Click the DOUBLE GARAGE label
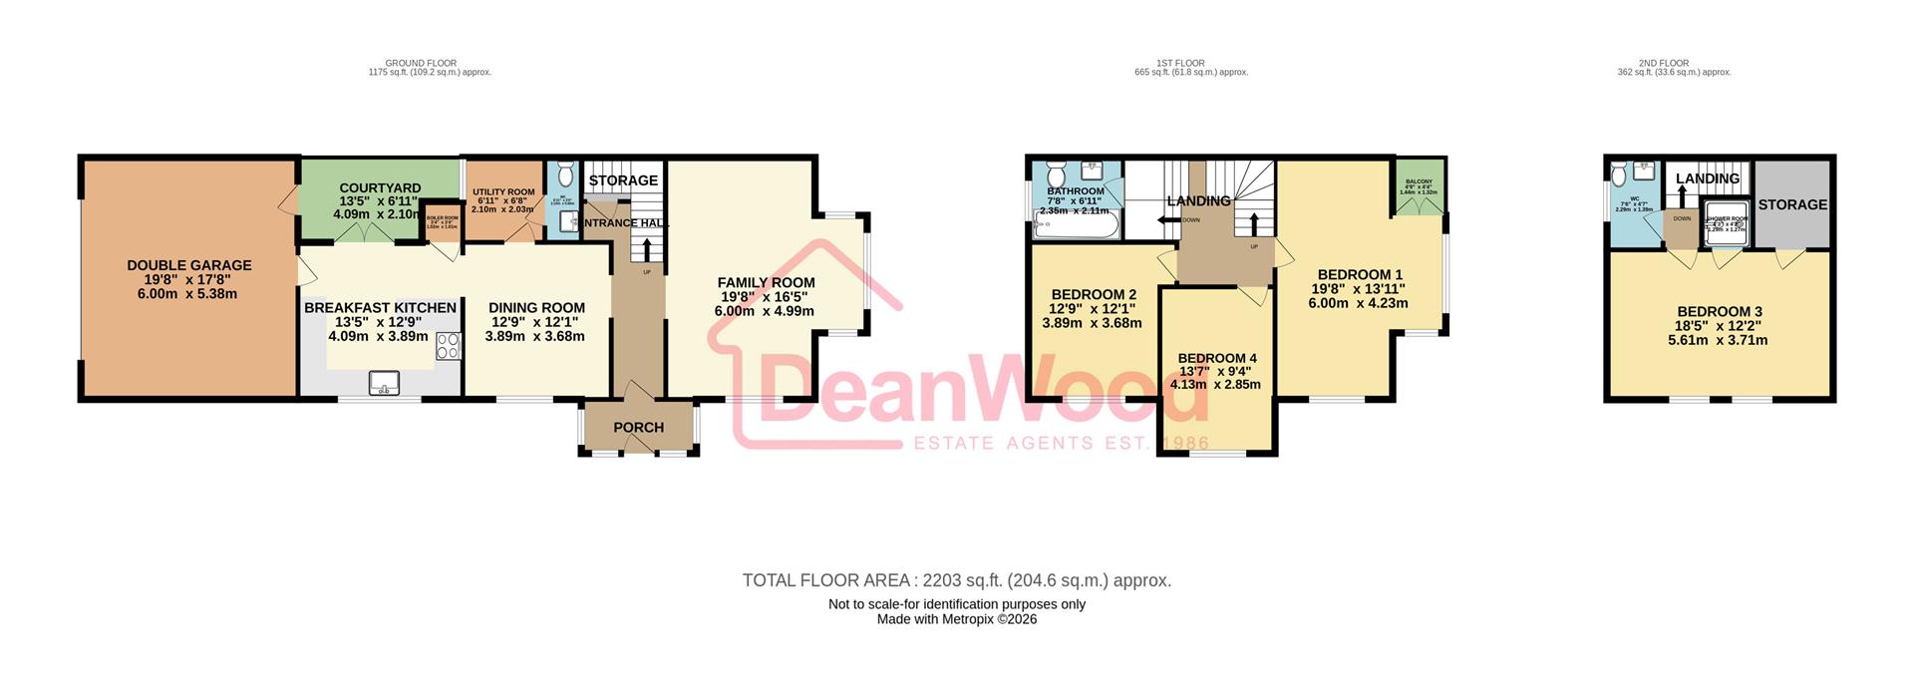click(189, 265)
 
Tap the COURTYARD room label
click(380, 188)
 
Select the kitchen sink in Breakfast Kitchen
click(384, 383)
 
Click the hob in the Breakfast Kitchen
click(448, 346)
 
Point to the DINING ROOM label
click(536, 308)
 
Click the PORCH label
click(638, 428)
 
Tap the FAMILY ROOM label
click(766, 283)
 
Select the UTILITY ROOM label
click(503, 192)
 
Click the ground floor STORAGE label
click(623, 180)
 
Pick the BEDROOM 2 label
click(1094, 295)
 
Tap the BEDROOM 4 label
click(1217, 359)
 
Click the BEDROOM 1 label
click(1360, 275)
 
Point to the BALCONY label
click(1419, 181)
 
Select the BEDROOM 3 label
click(1719, 312)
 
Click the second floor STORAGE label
click(1792, 204)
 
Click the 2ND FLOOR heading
click(1674, 64)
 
